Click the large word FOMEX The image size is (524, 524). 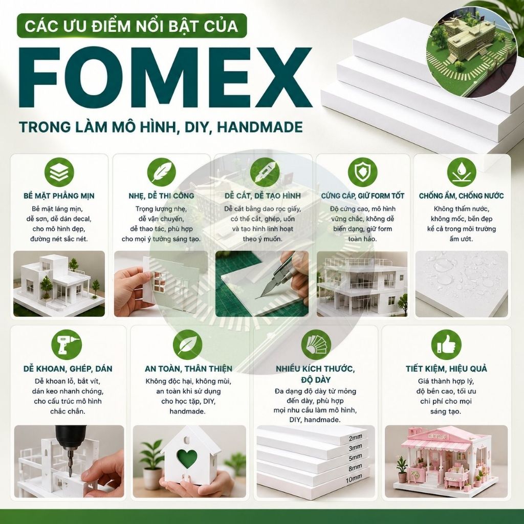(x=165, y=78)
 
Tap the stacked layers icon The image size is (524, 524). (x=59, y=172)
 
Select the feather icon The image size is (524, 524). (x=162, y=172)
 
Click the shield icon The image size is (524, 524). (x=363, y=172)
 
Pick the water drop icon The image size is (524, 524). (x=462, y=172)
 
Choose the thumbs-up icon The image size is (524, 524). (x=446, y=344)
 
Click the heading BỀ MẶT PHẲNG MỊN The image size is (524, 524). (x=59, y=196)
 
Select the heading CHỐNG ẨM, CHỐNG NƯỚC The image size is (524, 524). (x=462, y=196)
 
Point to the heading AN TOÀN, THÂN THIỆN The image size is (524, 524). (x=188, y=368)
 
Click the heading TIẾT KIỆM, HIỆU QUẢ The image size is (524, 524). (x=446, y=368)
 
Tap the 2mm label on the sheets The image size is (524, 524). (x=355, y=437)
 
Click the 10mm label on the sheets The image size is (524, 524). (x=354, y=479)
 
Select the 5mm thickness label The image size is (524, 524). (x=355, y=457)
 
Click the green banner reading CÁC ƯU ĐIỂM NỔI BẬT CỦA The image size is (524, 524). (x=132, y=26)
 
